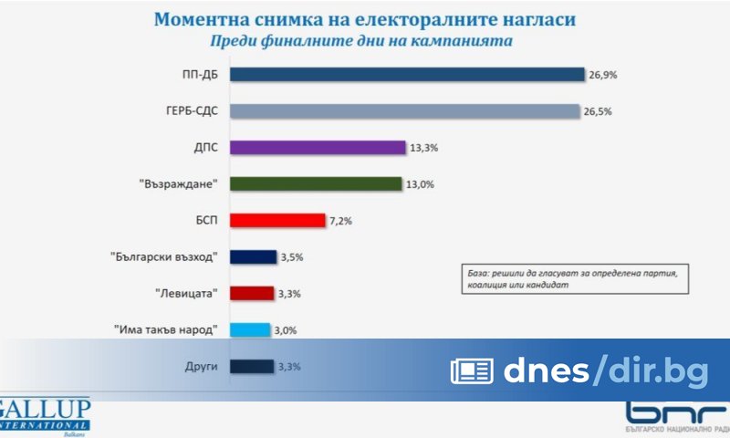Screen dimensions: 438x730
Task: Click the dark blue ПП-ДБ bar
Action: click(x=406, y=75)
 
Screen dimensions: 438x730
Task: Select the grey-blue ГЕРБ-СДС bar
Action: click(x=404, y=111)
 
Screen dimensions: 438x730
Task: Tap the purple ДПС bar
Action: click(x=317, y=148)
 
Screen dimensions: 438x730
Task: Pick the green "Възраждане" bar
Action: click(x=316, y=183)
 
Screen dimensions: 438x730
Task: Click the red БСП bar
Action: click(x=277, y=220)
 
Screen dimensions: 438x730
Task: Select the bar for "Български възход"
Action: click(x=253, y=257)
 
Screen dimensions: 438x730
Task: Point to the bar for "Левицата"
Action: click(x=252, y=294)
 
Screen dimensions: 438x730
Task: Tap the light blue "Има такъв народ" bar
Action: click(x=250, y=330)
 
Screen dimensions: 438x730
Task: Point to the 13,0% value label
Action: click(x=420, y=184)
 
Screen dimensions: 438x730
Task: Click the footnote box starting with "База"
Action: click(x=573, y=278)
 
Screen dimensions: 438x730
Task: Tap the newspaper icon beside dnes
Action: click(x=471, y=370)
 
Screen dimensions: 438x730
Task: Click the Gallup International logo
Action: click(x=46, y=415)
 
